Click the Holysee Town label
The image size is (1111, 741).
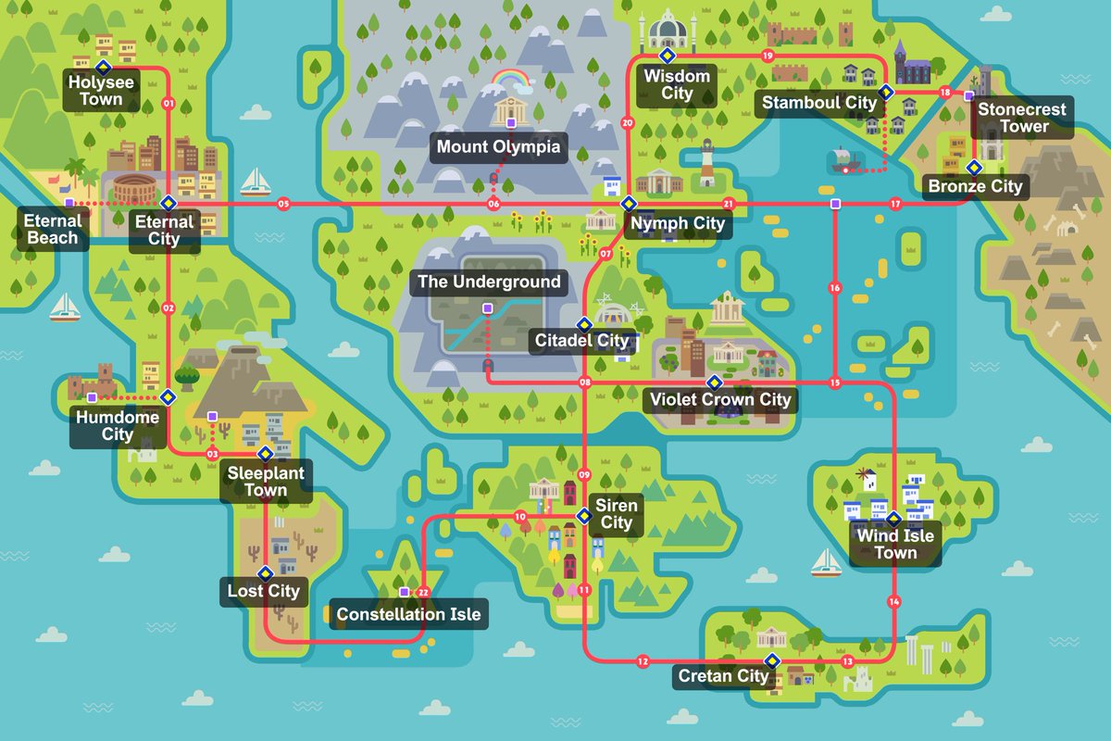click(x=101, y=91)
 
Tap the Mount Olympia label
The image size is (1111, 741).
click(x=498, y=146)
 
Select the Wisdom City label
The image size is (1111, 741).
click(x=678, y=84)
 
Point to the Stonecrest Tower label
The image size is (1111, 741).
click(x=1022, y=118)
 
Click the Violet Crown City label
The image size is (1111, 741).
click(x=720, y=400)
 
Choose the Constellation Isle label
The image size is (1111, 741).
click(x=408, y=614)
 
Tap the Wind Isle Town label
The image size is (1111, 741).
click(x=895, y=545)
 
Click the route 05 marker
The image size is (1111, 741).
click(x=283, y=204)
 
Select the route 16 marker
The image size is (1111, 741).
click(x=835, y=288)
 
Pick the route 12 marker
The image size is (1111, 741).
click(x=643, y=661)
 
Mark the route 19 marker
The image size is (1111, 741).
click(x=767, y=57)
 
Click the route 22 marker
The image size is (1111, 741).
click(x=423, y=592)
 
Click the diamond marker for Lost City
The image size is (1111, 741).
click(x=265, y=571)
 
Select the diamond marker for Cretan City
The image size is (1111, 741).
click(x=771, y=660)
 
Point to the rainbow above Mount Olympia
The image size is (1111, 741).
click(x=513, y=80)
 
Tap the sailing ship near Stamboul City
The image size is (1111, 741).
click(x=844, y=161)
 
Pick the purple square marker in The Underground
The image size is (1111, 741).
click(x=487, y=308)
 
